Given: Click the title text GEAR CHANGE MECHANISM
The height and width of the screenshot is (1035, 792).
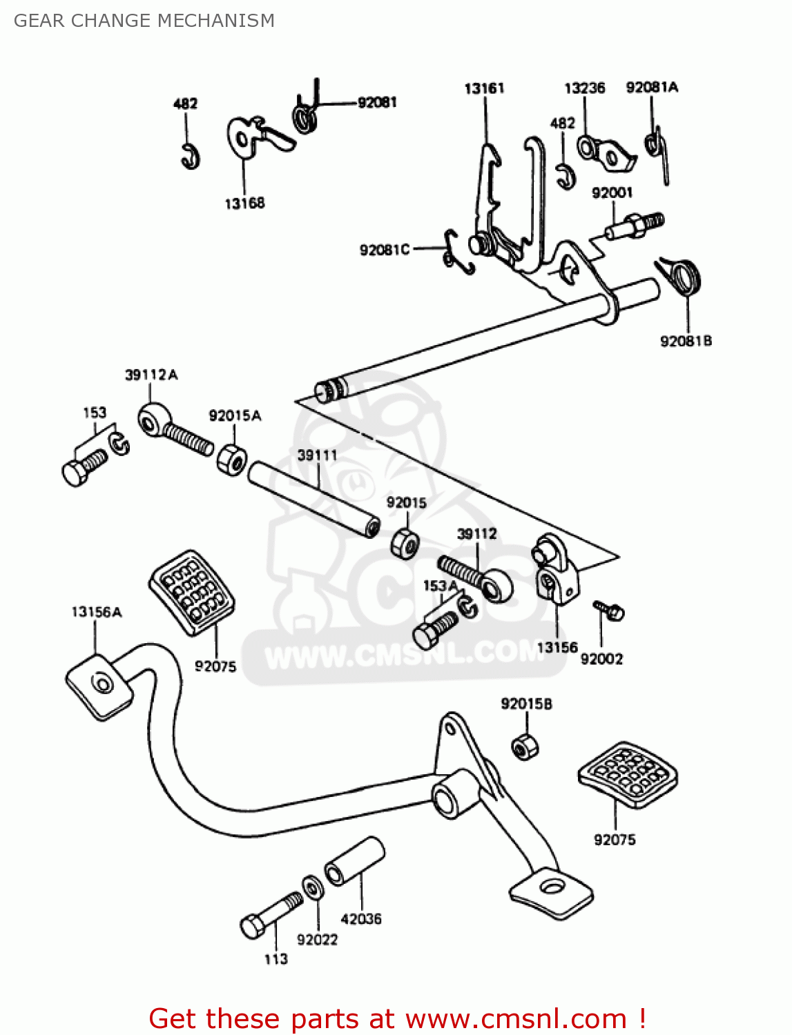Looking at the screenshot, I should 144,21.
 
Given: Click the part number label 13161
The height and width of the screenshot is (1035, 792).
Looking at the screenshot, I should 484,88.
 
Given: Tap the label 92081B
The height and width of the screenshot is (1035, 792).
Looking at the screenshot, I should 686,341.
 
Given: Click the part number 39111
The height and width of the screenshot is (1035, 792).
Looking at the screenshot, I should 317,455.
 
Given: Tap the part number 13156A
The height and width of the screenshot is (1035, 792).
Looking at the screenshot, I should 97,612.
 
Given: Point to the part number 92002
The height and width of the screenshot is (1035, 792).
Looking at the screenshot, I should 601,659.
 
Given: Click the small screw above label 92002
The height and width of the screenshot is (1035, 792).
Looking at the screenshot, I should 610,609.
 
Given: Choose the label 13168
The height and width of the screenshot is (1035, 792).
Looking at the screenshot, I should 244,204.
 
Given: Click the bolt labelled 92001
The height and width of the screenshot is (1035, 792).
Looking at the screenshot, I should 635,225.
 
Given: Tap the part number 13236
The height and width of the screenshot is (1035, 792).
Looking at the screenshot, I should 584,88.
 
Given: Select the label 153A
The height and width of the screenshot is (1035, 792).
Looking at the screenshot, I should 440,586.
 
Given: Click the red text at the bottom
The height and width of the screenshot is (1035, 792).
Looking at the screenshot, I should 397,1018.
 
